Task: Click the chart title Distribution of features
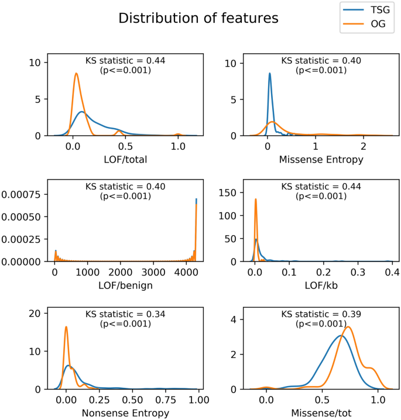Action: [198, 18]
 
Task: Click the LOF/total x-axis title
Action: [125, 160]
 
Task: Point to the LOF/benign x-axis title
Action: [125, 286]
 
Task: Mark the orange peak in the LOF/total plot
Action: [76, 73]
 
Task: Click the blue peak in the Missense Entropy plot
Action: [269, 73]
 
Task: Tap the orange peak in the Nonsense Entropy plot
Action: [66, 326]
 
